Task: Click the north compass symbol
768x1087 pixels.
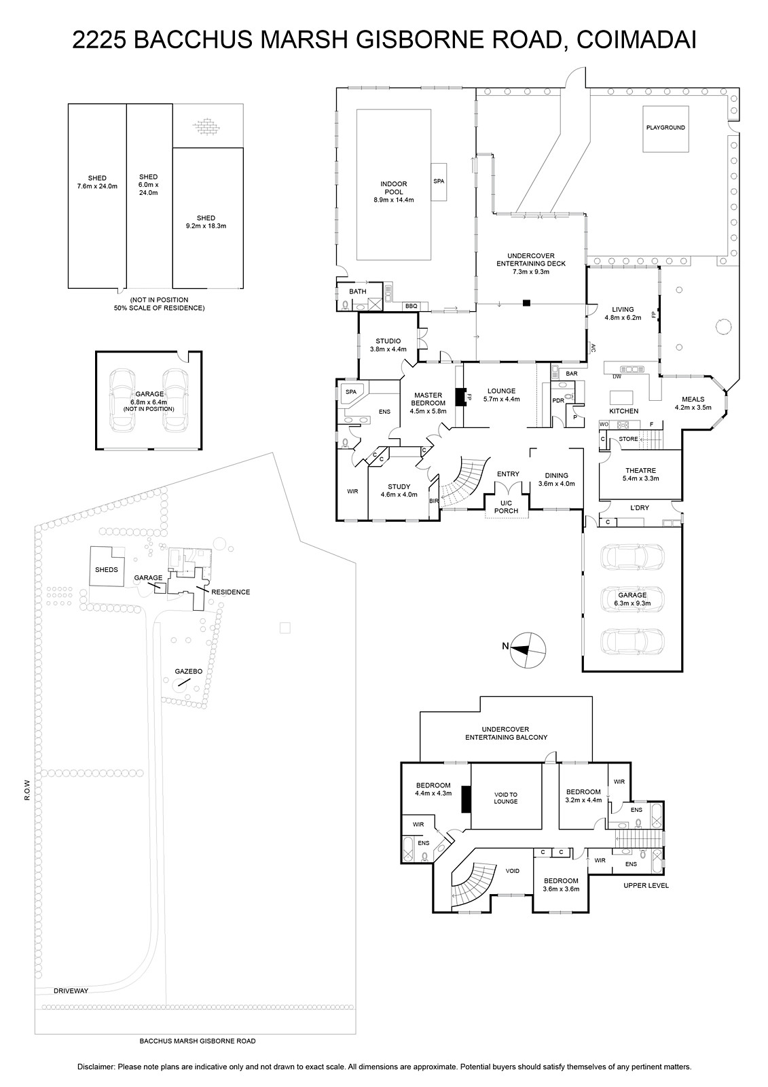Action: (528, 650)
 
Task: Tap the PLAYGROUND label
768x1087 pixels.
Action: (665, 128)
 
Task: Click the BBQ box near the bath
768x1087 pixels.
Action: (411, 306)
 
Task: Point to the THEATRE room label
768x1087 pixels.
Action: (640, 470)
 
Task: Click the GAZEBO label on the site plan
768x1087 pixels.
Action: (189, 672)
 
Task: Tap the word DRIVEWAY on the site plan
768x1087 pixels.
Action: (71, 991)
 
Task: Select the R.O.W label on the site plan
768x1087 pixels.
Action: (27, 790)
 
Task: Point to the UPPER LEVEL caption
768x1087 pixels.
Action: (646, 886)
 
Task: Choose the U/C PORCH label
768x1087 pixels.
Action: (506, 507)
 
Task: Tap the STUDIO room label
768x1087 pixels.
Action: (388, 341)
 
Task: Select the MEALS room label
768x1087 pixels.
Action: (693, 399)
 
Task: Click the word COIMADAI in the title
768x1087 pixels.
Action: (636, 40)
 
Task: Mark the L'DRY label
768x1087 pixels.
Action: (640, 507)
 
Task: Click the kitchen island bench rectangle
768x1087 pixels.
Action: (621, 397)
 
